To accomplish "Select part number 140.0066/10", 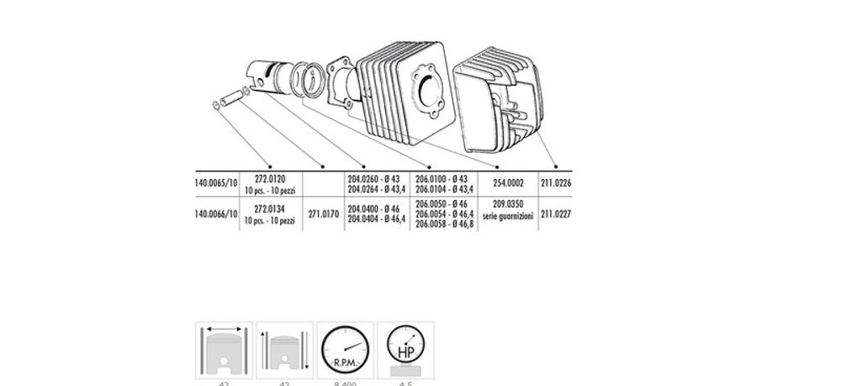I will [x=215, y=214].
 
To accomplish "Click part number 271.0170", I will [x=323, y=214].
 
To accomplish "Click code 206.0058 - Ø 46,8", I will [x=444, y=225].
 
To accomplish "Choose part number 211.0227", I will [x=556, y=214].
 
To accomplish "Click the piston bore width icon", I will [x=223, y=350].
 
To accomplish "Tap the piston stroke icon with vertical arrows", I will [x=284, y=350].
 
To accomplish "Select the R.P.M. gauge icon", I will [x=345, y=350].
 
